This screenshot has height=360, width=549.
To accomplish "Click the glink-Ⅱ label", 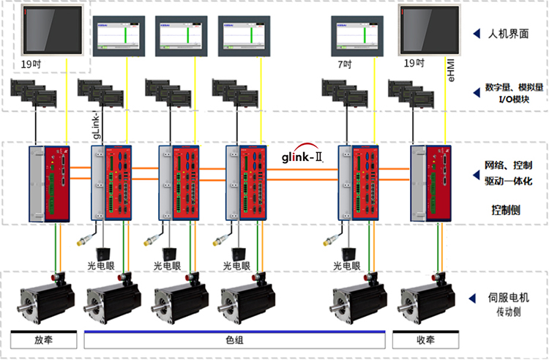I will tap(303, 157).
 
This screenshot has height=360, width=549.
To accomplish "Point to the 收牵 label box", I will tap(426, 341).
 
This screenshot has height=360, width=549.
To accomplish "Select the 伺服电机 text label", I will tap(509, 299).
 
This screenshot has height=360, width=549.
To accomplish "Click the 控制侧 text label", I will tap(507, 209).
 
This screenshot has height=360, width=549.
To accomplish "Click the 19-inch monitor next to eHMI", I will tap(427, 30).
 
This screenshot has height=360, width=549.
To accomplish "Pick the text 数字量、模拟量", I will tap(514, 87).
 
